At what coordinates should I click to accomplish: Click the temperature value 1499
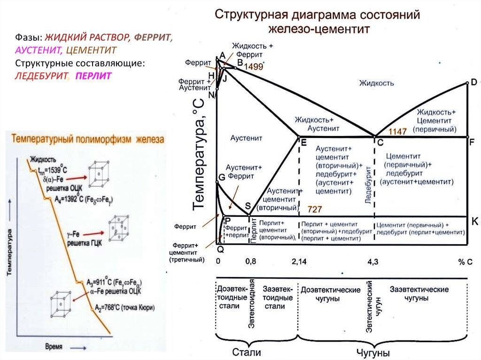click(x=253, y=67)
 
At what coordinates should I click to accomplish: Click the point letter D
click(x=473, y=81)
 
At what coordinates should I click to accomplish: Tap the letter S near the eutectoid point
click(x=248, y=207)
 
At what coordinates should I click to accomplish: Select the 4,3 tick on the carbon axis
click(x=372, y=261)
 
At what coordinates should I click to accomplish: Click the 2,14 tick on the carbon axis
click(x=299, y=261)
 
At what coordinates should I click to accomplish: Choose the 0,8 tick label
click(x=251, y=261)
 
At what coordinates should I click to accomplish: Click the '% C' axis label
click(x=465, y=261)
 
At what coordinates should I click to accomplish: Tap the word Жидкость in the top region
click(x=377, y=83)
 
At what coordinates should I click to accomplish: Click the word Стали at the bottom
click(x=247, y=352)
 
